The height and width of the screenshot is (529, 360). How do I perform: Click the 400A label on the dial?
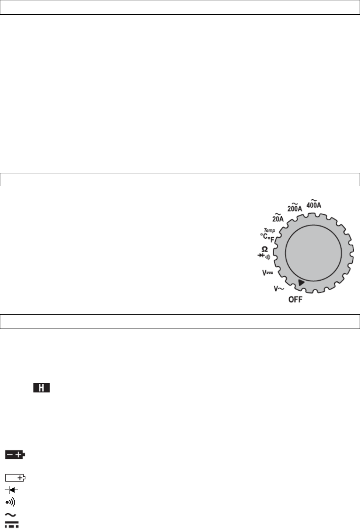(x=314, y=204)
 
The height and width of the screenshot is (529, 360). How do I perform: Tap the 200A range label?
(x=294, y=207)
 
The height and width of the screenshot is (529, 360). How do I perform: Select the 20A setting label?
(x=278, y=218)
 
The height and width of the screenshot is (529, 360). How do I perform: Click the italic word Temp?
(x=270, y=230)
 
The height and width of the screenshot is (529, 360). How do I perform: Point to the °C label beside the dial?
(x=264, y=236)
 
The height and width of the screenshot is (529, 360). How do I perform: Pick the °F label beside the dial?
(x=271, y=240)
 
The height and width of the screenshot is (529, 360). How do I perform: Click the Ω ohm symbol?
(x=265, y=249)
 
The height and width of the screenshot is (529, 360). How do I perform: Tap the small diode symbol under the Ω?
(x=261, y=255)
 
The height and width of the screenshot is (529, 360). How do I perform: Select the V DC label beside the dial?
(x=268, y=273)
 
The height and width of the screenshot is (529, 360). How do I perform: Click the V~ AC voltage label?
(x=279, y=289)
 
